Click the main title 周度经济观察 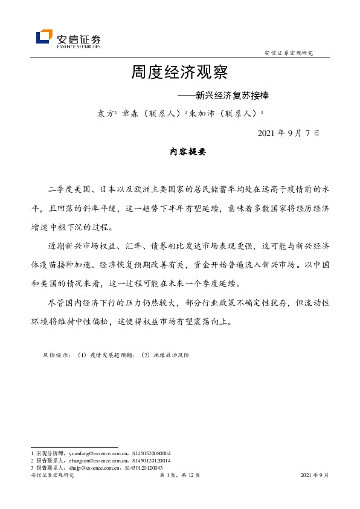179,74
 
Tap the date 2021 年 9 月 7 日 288,132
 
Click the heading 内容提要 188,152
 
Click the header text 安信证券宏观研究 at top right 289,53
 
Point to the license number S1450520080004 152,453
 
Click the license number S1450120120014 150,460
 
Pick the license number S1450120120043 145,467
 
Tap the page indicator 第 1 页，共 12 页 179,476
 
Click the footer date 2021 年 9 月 314,476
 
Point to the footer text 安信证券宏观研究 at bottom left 52,476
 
